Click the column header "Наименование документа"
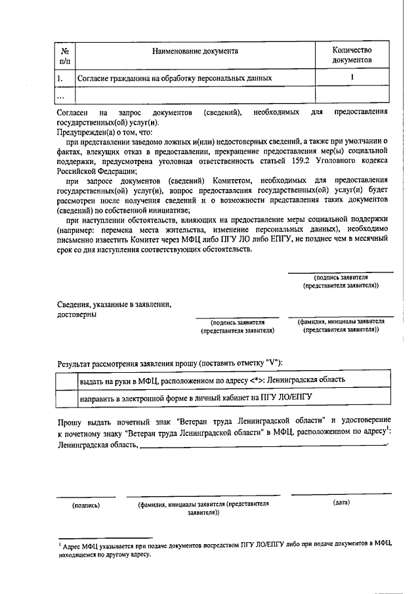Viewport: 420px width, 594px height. pos(195,50)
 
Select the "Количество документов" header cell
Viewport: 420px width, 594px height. pos(352,55)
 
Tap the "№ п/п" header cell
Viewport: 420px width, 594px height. pos(65,55)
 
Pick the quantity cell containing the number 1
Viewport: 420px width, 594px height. pos(352,77)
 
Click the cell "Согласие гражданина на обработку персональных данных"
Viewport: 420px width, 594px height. pos(175,79)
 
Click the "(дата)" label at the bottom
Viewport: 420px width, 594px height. pos(341,503)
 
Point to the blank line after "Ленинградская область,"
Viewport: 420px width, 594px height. pos(262,447)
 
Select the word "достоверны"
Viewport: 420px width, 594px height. pos(77,314)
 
